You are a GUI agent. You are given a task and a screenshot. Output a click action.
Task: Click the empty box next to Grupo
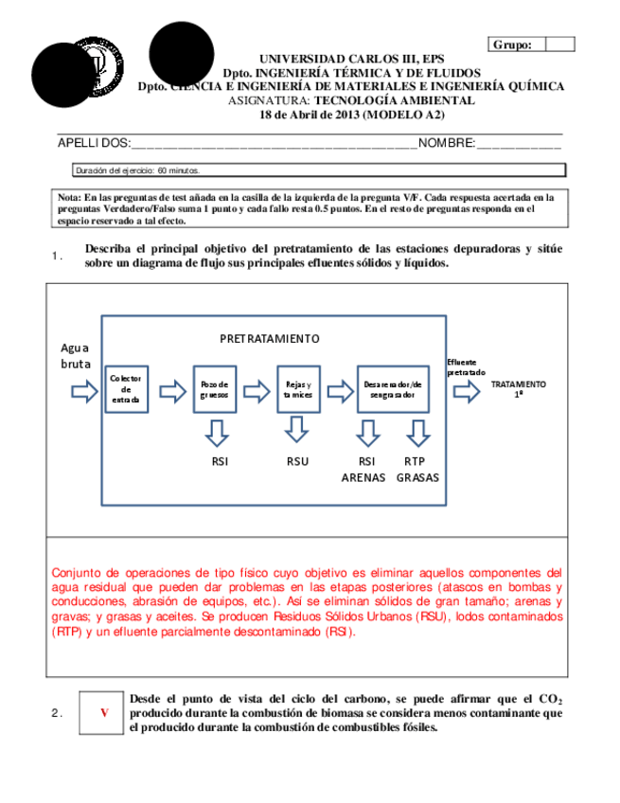click(x=560, y=44)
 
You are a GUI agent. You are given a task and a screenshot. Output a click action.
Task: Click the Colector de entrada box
click(x=126, y=388)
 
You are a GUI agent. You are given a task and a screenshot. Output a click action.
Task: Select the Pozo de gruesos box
click(x=215, y=388)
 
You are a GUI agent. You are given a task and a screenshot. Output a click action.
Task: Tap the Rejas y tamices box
click(x=298, y=388)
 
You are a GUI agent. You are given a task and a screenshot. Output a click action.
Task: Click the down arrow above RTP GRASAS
click(x=417, y=432)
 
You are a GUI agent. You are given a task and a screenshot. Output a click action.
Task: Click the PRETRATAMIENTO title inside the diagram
click(x=270, y=338)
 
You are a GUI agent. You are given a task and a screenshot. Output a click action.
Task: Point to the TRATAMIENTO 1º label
click(x=518, y=389)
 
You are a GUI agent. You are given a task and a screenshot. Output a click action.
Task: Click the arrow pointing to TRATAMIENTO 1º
click(x=466, y=390)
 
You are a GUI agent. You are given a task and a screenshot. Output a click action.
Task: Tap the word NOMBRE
click(x=446, y=143)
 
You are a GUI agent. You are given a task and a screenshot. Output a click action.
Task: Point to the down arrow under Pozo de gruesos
click(x=215, y=432)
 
